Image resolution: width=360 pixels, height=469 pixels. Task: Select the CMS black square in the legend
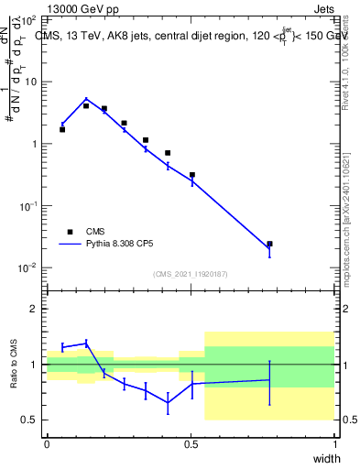(x=69, y=233)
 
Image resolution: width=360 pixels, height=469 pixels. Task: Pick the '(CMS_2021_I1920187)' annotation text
(x=189, y=274)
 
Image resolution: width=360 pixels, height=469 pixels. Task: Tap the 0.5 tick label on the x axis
(x=191, y=443)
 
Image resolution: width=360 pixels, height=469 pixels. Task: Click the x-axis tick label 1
(x=334, y=443)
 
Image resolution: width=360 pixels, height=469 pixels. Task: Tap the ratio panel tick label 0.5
(x=29, y=420)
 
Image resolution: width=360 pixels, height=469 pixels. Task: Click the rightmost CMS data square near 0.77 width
(x=269, y=244)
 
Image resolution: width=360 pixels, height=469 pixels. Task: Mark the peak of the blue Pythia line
(x=86, y=99)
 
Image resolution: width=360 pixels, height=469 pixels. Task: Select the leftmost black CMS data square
(x=62, y=129)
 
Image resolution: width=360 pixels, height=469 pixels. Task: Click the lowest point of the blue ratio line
(x=168, y=403)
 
